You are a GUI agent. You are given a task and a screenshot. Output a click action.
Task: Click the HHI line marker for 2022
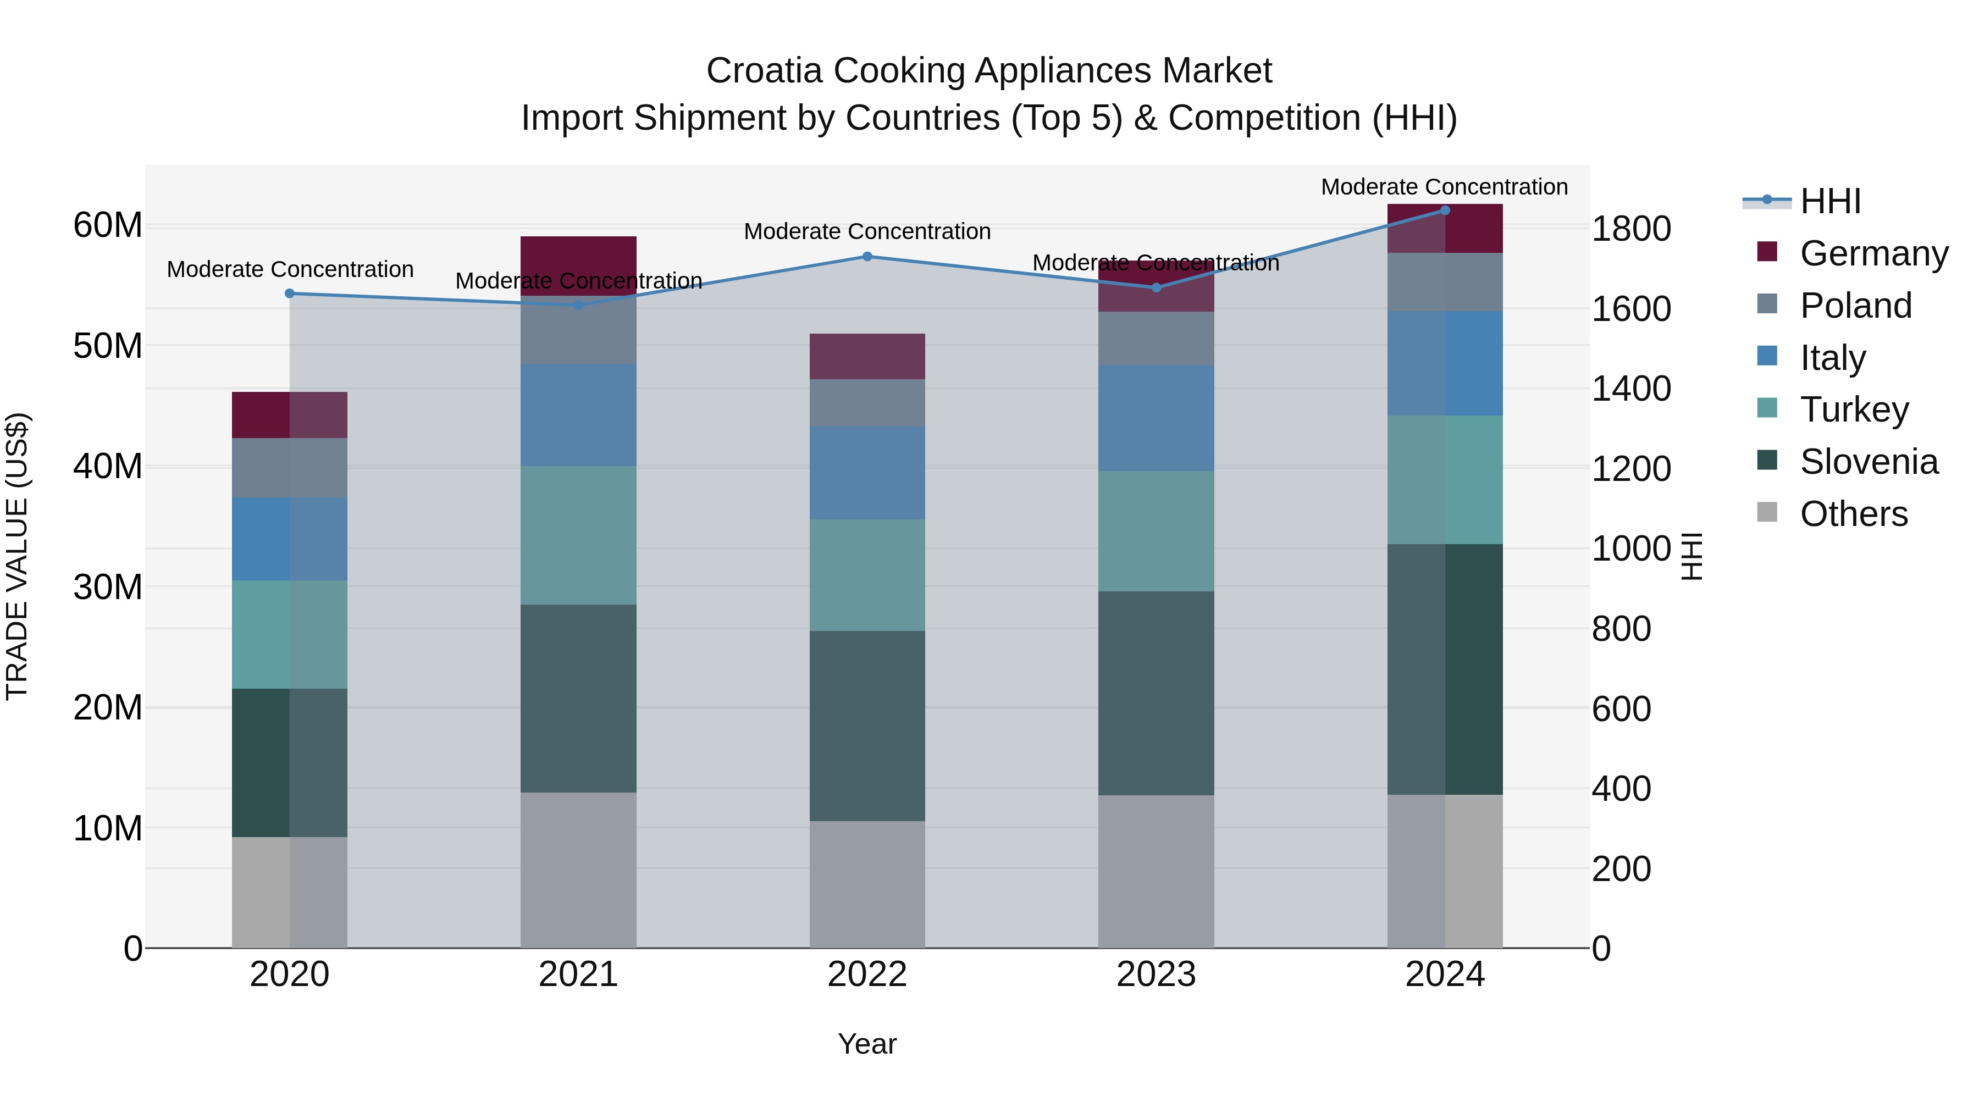(x=867, y=257)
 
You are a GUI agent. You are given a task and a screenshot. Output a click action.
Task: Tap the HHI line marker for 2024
(x=1445, y=211)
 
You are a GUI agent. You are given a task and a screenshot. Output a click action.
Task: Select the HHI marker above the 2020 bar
(x=290, y=294)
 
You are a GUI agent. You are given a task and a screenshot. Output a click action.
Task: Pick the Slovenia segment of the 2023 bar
(x=1156, y=693)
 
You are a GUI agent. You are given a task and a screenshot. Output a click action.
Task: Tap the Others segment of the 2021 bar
(x=578, y=870)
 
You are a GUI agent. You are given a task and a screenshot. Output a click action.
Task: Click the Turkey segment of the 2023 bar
(x=1156, y=531)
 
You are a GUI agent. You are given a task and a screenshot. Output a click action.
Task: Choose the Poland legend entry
(x=1855, y=306)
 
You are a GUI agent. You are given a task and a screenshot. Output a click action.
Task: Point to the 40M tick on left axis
(x=108, y=466)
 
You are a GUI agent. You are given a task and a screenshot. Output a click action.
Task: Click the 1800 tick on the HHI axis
(x=1630, y=229)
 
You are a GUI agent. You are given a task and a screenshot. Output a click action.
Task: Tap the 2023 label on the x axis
(x=1156, y=974)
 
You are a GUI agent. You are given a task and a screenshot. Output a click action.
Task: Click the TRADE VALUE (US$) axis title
(x=18, y=556)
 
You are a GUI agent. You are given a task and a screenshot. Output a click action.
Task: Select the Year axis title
(x=867, y=1044)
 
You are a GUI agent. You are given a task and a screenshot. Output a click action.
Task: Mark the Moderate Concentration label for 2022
(x=867, y=231)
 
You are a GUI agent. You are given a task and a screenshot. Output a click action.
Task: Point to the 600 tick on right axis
(x=1621, y=709)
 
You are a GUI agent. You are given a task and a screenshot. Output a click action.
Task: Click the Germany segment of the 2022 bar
(x=867, y=356)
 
